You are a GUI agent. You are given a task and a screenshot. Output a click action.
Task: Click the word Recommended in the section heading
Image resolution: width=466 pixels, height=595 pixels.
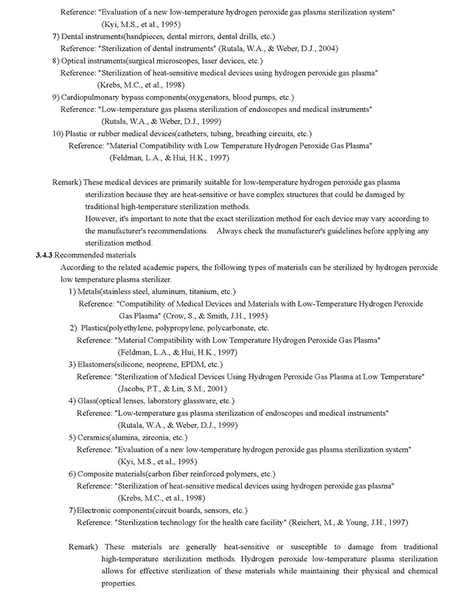84,255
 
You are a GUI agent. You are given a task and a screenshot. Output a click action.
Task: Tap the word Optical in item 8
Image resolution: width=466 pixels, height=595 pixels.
75,61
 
